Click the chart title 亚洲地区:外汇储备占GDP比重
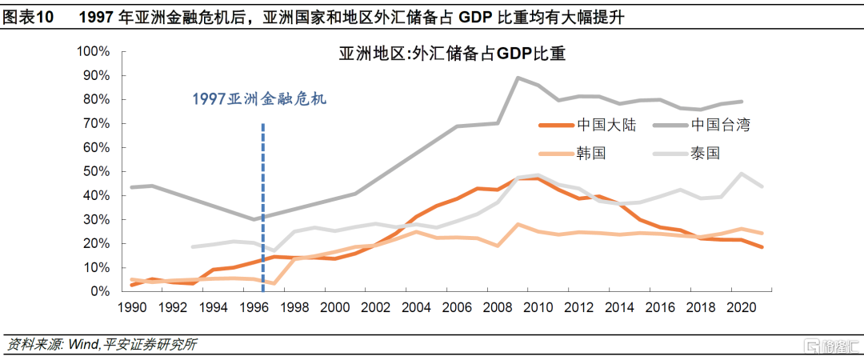452,54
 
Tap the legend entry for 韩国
592,152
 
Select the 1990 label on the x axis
131,307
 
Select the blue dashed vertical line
263,200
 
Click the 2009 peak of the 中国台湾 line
518,78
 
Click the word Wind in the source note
82,345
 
